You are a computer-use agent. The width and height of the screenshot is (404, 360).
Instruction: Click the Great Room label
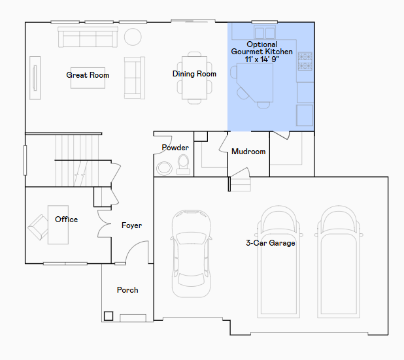(88, 75)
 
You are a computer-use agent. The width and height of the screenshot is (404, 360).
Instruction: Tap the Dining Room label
(194, 74)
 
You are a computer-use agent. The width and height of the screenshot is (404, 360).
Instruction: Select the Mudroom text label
(248, 152)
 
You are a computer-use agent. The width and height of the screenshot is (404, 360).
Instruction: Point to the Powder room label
(175, 148)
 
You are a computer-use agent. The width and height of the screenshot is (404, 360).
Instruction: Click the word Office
(66, 220)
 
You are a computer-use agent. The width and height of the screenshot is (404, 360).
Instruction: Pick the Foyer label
(131, 225)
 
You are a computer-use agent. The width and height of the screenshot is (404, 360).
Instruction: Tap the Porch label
(127, 290)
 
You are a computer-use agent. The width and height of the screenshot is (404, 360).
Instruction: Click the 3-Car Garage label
(271, 243)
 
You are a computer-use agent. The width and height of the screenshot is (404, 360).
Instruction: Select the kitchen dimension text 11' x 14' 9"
(261, 59)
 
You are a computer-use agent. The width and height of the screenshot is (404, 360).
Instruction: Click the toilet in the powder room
(183, 165)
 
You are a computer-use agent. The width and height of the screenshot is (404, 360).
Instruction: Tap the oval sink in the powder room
(164, 169)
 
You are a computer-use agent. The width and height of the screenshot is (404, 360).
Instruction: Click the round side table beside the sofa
(133, 37)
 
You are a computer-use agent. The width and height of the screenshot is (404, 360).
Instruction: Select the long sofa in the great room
(88, 37)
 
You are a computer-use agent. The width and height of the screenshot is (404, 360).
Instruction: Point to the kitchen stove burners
(305, 61)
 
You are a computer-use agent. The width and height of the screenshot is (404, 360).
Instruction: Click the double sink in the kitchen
(265, 32)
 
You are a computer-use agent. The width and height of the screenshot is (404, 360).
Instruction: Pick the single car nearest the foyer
(191, 254)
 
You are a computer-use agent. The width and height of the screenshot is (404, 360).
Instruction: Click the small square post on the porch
(109, 316)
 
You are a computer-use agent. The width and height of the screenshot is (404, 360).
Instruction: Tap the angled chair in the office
(38, 227)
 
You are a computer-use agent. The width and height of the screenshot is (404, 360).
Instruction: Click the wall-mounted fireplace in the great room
(35, 78)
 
